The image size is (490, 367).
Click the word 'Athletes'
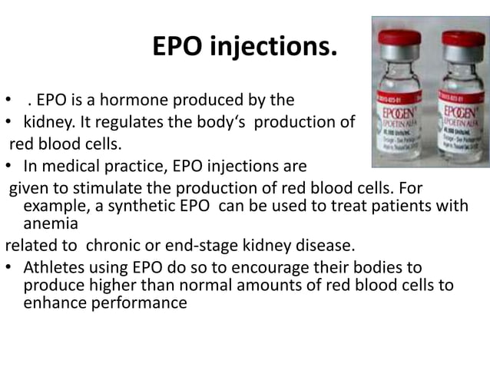click(56, 268)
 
